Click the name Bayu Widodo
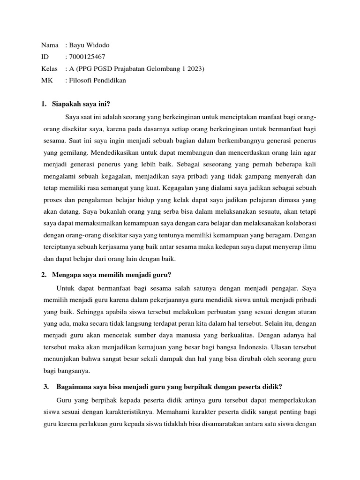pyautogui.click(x=91, y=45)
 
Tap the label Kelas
pyautogui.click(x=49, y=69)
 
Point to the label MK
pyautogui.click(x=47, y=81)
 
